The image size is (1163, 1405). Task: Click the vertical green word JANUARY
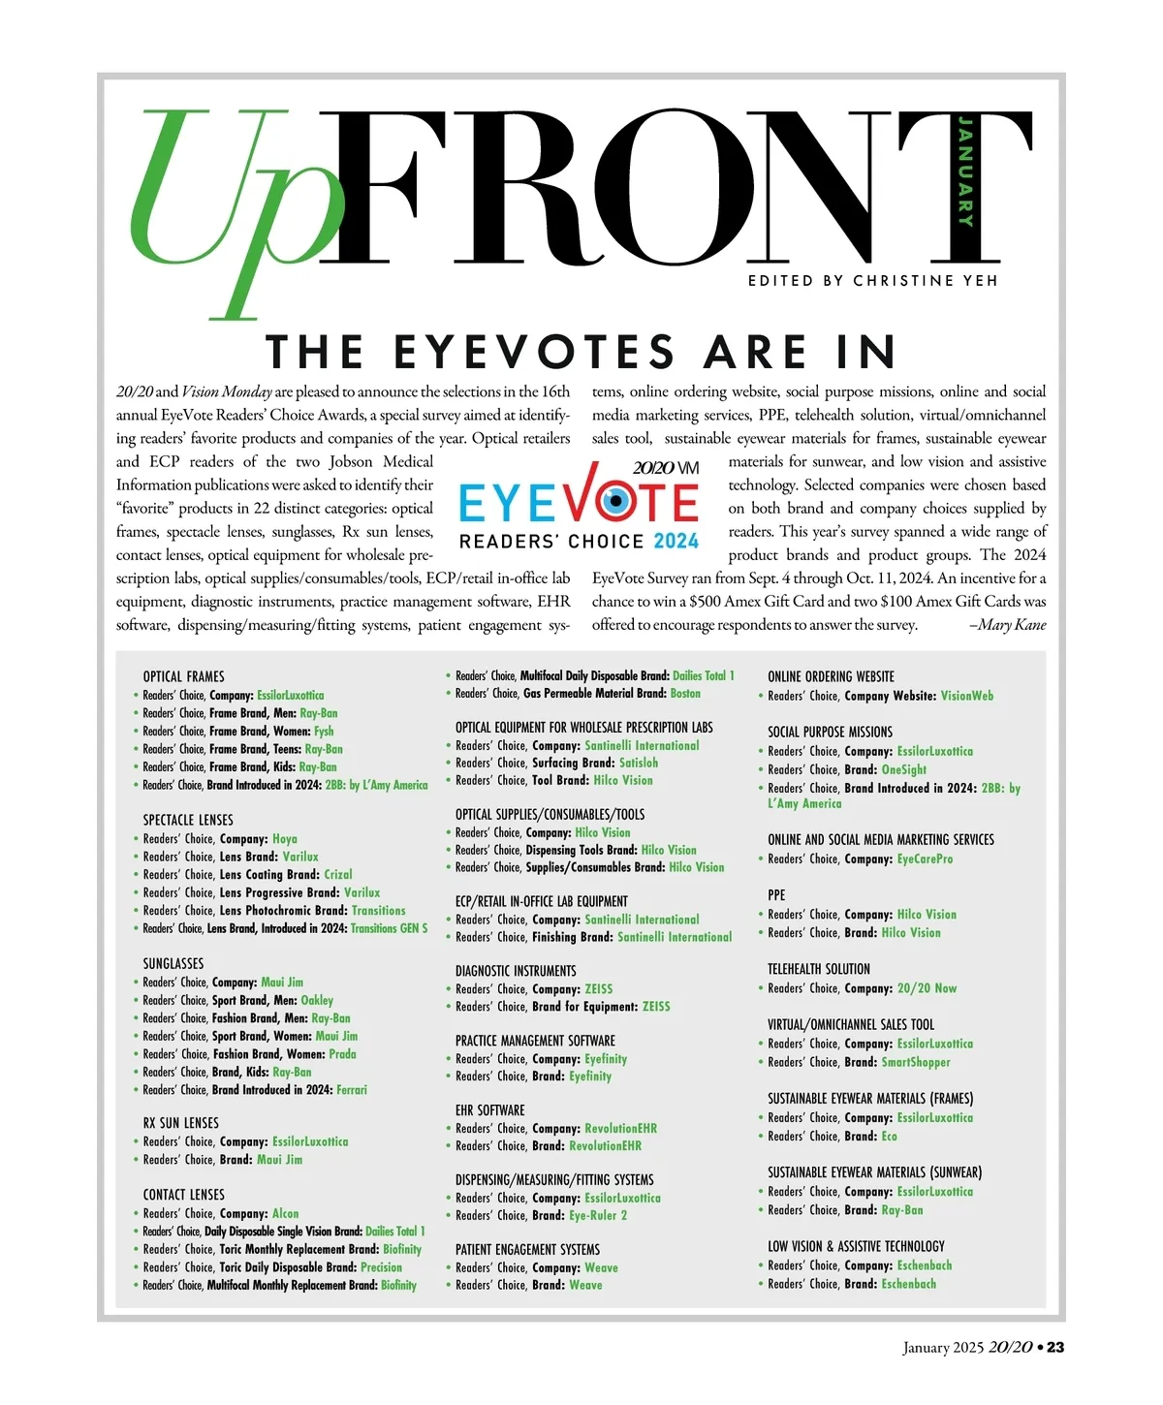pyautogui.click(x=965, y=171)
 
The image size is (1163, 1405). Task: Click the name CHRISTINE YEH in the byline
pyautogui.click(x=925, y=280)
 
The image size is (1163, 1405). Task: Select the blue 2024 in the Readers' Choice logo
pyautogui.click(x=676, y=542)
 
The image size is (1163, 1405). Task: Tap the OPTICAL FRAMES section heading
pyautogui.click(x=183, y=676)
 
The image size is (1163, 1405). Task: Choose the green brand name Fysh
pyautogui.click(x=324, y=732)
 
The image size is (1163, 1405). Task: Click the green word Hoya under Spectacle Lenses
pyautogui.click(x=285, y=839)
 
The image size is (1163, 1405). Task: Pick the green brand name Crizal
pyautogui.click(x=338, y=874)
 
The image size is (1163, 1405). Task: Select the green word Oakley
pyautogui.click(x=317, y=1000)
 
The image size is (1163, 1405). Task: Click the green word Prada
pyautogui.click(x=342, y=1054)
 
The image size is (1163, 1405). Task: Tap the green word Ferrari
pyautogui.click(x=352, y=1090)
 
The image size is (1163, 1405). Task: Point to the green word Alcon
pyautogui.click(x=286, y=1213)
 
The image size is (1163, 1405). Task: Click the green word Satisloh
pyautogui.click(x=639, y=763)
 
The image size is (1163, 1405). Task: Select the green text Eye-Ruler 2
pyautogui.click(x=598, y=1215)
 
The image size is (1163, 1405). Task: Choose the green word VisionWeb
pyautogui.click(x=967, y=696)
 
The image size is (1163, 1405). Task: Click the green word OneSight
pyautogui.click(x=904, y=769)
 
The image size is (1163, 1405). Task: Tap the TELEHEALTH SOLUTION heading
pyautogui.click(x=819, y=969)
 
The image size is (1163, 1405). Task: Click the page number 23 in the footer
pyautogui.click(x=1055, y=1348)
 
